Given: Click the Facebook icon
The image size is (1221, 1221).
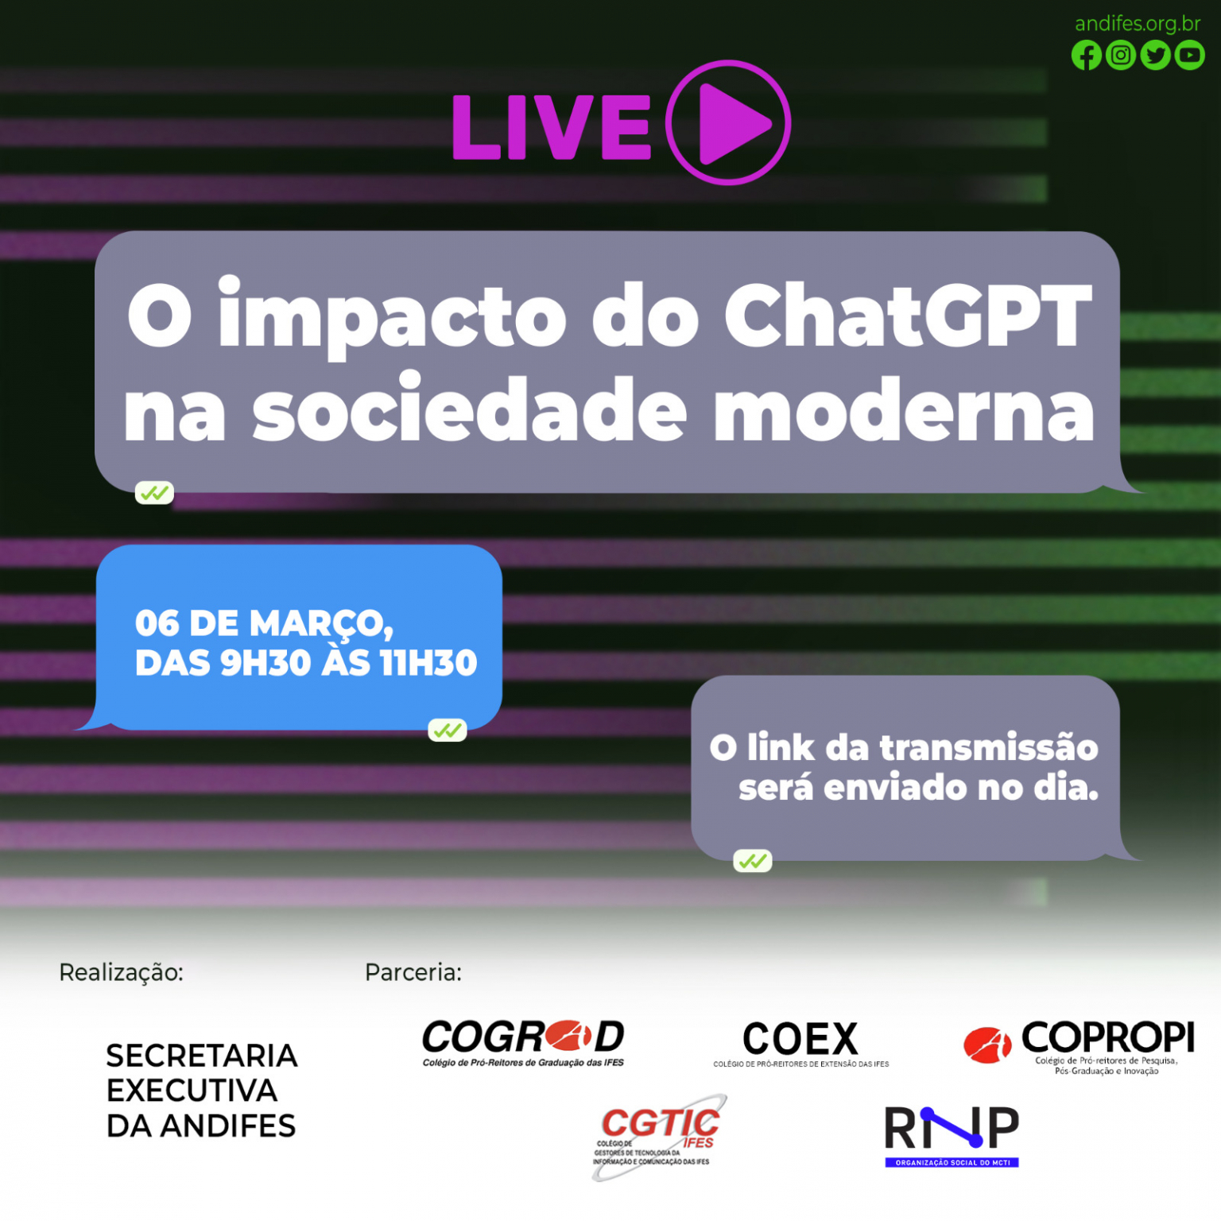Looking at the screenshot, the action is pyautogui.click(x=1086, y=56).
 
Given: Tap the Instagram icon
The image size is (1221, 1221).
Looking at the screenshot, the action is pyautogui.click(x=1121, y=56).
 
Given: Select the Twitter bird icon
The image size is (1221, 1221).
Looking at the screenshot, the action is pyautogui.click(x=1155, y=56).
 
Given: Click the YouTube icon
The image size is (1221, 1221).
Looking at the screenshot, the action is pyautogui.click(x=1189, y=56).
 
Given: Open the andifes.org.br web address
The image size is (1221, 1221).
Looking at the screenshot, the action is pyautogui.click(x=1138, y=24).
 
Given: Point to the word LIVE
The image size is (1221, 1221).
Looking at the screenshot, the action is pyautogui.click(x=552, y=127).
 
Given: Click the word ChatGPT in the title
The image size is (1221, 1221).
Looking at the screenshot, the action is pyautogui.click(x=909, y=316).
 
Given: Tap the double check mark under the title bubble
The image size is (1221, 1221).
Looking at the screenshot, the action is pyautogui.click(x=154, y=494).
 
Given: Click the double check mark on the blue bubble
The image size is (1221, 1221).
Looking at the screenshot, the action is pyautogui.click(x=448, y=730).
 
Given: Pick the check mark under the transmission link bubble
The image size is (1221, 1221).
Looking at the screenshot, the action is pyautogui.click(x=753, y=861).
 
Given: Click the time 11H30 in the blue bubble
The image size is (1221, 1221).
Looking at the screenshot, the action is pyautogui.click(x=429, y=663).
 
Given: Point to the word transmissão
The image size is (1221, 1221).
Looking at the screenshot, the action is pyautogui.click(x=990, y=748).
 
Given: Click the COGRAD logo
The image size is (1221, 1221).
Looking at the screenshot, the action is pyautogui.click(x=523, y=1043).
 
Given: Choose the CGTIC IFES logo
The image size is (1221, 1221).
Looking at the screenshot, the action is pyautogui.click(x=659, y=1137).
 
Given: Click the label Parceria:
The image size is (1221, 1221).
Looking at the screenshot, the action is pyautogui.click(x=413, y=972).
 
